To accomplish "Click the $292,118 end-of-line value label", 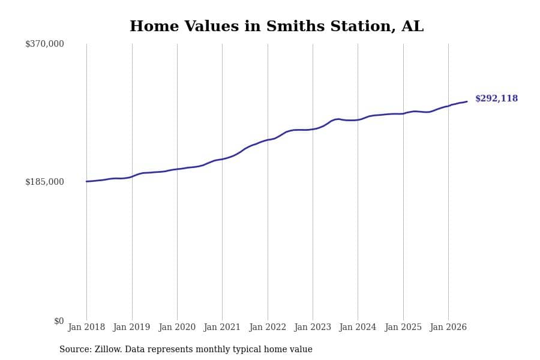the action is [x=496, y=98].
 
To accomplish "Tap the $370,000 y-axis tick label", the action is [x=44, y=44].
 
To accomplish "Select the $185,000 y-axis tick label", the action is [x=44, y=182].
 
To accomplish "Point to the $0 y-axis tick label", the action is [x=59, y=321].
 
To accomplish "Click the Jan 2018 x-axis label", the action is [x=86, y=327].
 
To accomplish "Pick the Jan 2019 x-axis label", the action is [x=131, y=327].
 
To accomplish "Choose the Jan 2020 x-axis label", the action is [x=177, y=327].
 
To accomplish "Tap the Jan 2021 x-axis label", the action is [x=222, y=327].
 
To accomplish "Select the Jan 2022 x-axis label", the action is [x=268, y=327].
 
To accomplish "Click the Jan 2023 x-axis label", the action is [x=313, y=327].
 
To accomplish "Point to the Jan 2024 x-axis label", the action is [x=358, y=327].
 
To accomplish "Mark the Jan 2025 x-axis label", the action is [x=403, y=327].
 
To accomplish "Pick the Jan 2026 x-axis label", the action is [x=448, y=327].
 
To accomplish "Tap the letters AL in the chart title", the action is [x=413, y=26].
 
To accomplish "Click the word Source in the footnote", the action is [x=76, y=349].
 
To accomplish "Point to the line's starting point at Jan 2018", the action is [x=86, y=181].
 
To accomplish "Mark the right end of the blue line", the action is [x=467, y=101].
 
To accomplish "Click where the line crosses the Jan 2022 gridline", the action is [x=268, y=140].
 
